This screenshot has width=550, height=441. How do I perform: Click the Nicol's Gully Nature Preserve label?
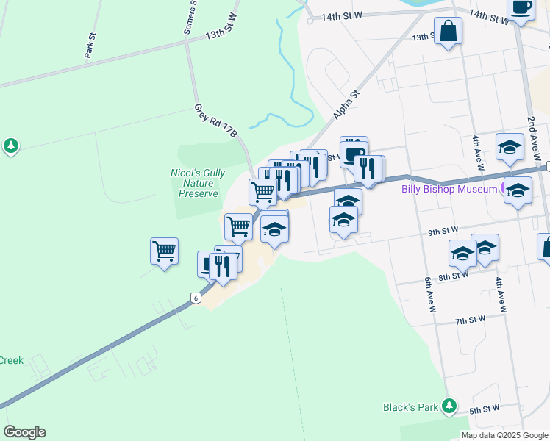coord(198,183)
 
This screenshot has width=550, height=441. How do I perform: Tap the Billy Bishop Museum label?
coord(449,189)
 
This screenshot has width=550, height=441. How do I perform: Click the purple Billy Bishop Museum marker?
coord(507,189)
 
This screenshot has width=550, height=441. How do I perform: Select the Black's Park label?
coord(410,406)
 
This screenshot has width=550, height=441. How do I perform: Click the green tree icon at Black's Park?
coord(448,406)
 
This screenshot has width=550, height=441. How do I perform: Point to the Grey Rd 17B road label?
coord(216,120)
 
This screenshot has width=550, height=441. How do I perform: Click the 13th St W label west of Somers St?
coord(224,34)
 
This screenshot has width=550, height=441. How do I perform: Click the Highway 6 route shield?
coord(195,298)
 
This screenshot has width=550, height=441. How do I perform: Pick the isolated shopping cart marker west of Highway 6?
coord(164,251)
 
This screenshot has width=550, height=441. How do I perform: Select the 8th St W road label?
coord(453,276)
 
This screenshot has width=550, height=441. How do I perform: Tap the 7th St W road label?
coord(471,320)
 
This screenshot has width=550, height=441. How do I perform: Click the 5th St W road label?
coord(485,408)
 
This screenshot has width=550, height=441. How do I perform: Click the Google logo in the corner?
coord(24,432)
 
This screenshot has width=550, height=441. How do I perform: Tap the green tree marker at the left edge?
coord(10,146)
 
